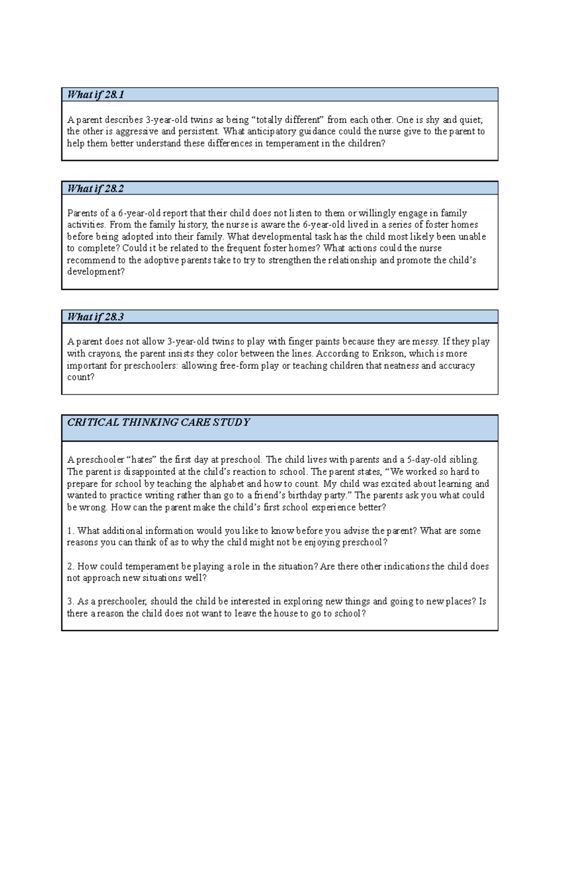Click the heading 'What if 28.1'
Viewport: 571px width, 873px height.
[96, 95]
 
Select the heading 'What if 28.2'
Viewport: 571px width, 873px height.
[96, 188]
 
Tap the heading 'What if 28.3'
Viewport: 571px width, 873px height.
[96, 317]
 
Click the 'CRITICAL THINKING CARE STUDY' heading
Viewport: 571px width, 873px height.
[158, 422]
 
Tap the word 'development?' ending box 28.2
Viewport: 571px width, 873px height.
[96, 272]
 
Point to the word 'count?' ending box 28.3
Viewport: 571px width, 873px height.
[81, 377]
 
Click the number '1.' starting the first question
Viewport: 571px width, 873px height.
[71, 531]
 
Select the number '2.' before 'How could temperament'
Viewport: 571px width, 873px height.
[71, 567]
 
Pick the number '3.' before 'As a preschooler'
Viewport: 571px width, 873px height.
[71, 601]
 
